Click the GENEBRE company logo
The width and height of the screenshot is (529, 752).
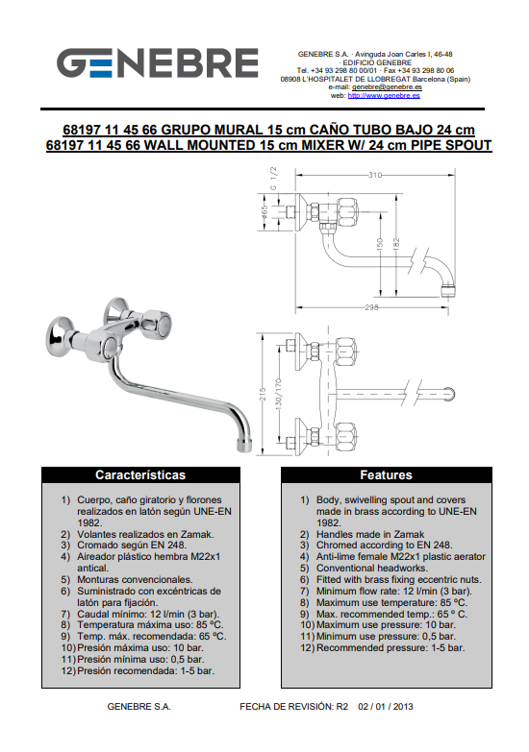click(158, 62)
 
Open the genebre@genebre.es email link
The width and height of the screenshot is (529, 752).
click(387, 87)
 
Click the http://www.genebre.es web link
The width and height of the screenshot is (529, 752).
click(384, 95)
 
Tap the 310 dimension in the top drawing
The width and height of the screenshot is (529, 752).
click(375, 175)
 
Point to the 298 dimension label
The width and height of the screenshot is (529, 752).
click(371, 307)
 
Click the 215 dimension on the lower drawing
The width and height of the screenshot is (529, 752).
click(263, 394)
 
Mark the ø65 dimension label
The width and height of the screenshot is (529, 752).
click(264, 212)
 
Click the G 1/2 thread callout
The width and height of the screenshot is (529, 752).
click(273, 179)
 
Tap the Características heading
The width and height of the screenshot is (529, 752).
click(140, 474)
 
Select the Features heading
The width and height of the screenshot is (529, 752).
click(387, 474)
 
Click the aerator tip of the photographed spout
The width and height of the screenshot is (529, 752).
click(244, 445)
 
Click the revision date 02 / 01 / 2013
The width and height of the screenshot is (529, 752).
click(386, 707)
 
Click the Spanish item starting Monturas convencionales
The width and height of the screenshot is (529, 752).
click(135, 579)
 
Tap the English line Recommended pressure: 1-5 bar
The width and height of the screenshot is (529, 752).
click(390, 648)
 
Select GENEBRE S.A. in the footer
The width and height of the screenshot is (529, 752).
click(139, 707)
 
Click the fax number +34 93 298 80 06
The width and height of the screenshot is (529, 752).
click(426, 70)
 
